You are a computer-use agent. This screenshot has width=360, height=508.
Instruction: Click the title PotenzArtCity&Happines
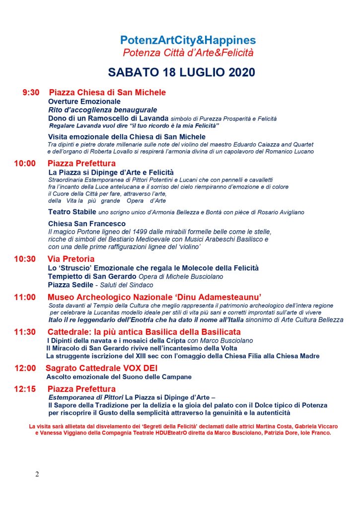[188, 40]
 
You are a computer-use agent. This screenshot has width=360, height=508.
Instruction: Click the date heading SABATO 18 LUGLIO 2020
[181, 72]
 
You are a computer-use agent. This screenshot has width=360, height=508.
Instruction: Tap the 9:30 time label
[31, 93]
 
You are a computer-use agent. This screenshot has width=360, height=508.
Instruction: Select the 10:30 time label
[25, 259]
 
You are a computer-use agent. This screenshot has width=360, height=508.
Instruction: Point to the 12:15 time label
[25, 389]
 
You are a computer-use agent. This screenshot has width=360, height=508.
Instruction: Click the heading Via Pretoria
[71, 259]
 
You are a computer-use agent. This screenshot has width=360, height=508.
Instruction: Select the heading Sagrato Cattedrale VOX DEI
[101, 368]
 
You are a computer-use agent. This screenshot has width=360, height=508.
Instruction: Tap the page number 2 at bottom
[37, 474]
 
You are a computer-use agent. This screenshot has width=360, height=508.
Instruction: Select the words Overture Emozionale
[84, 102]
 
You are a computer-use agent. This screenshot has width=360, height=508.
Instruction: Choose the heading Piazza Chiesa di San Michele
[107, 93]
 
